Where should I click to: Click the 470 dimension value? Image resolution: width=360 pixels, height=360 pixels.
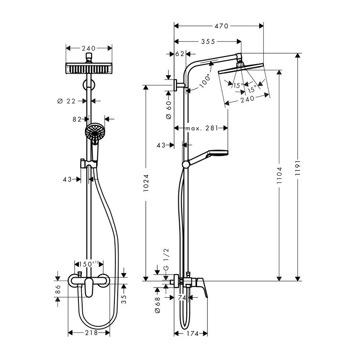221,26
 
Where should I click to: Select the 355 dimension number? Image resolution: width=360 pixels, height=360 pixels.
208,42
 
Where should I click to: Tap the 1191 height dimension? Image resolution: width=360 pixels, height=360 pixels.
298,168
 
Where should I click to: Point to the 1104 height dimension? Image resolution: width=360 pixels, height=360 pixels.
279,175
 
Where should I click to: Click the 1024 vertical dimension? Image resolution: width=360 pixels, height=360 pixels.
146,183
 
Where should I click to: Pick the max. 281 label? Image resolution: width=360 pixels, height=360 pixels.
202,128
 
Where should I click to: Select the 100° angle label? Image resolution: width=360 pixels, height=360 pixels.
205,81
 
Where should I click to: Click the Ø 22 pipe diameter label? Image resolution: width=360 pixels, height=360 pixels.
66,101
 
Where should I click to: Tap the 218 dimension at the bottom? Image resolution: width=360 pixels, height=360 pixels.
92,332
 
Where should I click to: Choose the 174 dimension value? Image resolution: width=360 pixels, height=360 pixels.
193,333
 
